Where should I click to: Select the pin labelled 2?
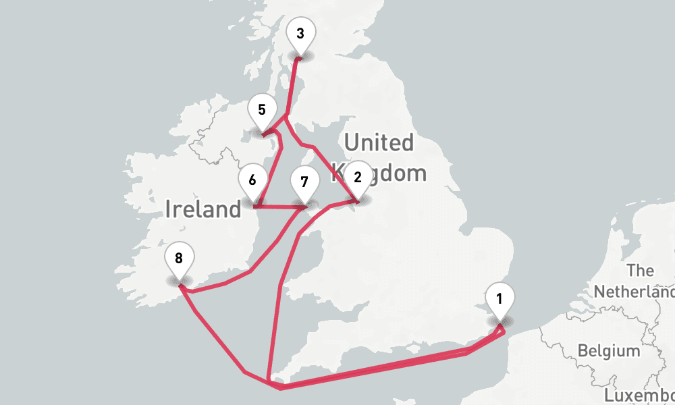358,178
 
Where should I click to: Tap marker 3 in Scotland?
300,33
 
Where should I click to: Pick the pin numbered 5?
262,110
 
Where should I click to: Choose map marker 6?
252,181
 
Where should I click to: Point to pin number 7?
304,182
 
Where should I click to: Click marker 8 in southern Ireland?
179,259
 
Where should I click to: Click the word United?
379,143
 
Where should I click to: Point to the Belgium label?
609,351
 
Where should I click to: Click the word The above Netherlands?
640,271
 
